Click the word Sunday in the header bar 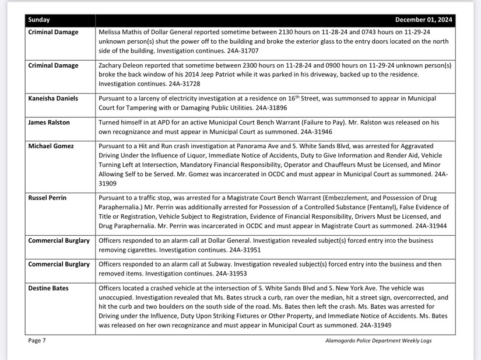coord(39,19)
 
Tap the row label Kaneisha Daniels coord(53,99)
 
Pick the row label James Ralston coord(50,123)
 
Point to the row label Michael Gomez coord(51,146)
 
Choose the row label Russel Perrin coord(48,198)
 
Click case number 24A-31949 coord(375,325)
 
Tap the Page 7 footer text coord(37,341)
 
